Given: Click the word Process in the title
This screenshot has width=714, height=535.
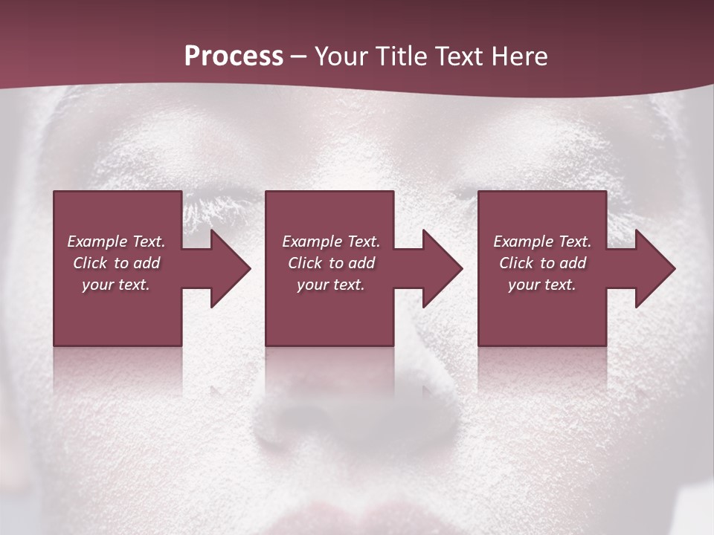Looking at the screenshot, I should [x=234, y=56].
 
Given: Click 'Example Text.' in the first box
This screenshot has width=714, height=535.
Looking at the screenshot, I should [x=116, y=241].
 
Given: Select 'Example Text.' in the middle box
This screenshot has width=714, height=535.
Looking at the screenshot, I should [x=330, y=241].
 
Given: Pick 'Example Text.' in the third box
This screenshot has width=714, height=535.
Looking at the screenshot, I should [x=542, y=241].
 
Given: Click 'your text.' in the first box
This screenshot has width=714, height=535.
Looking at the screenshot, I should [x=116, y=285].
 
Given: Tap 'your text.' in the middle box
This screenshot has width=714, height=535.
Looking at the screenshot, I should [x=330, y=285].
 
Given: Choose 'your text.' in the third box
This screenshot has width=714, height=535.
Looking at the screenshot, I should [x=542, y=285].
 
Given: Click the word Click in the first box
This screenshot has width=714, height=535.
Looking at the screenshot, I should [x=90, y=263].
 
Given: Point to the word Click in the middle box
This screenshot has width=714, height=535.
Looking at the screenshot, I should [x=305, y=263].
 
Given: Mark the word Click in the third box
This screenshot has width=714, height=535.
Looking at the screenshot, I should [x=516, y=263].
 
